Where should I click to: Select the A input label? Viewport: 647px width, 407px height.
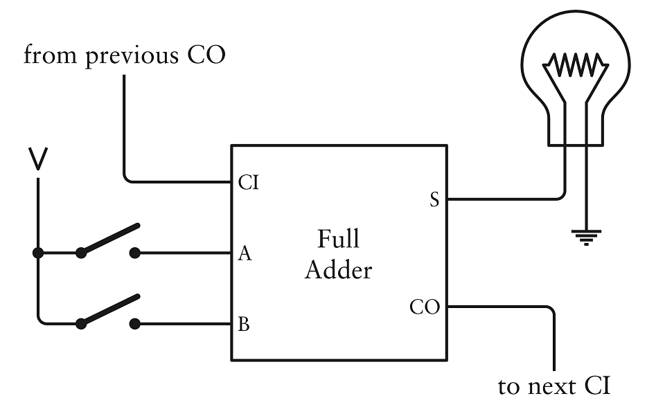(244, 254)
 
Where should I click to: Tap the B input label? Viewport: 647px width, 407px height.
(243, 324)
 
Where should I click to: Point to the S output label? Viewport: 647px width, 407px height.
(434, 200)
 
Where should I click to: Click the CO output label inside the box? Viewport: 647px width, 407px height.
(425, 307)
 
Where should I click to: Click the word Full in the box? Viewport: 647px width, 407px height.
(338, 239)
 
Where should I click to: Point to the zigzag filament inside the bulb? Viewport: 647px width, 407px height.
(576, 66)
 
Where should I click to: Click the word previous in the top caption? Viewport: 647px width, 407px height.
(132, 55)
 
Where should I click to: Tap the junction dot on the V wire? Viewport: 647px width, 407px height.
(39, 253)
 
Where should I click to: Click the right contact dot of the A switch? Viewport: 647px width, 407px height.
(135, 253)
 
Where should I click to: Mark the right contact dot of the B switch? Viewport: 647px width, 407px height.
(135, 323)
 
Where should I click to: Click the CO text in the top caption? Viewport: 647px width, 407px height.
(206, 55)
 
